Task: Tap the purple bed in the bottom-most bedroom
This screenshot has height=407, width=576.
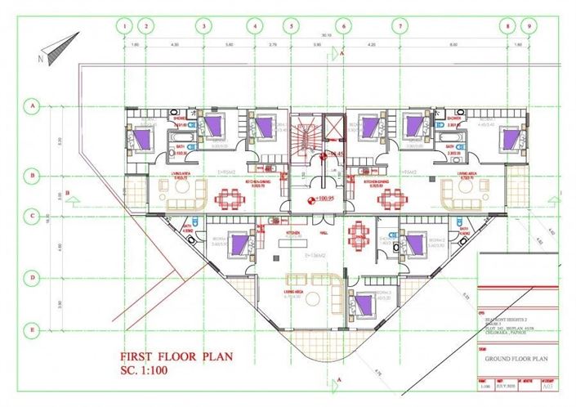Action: coord(364,304)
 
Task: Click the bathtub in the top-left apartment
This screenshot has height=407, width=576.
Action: coord(177,149)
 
